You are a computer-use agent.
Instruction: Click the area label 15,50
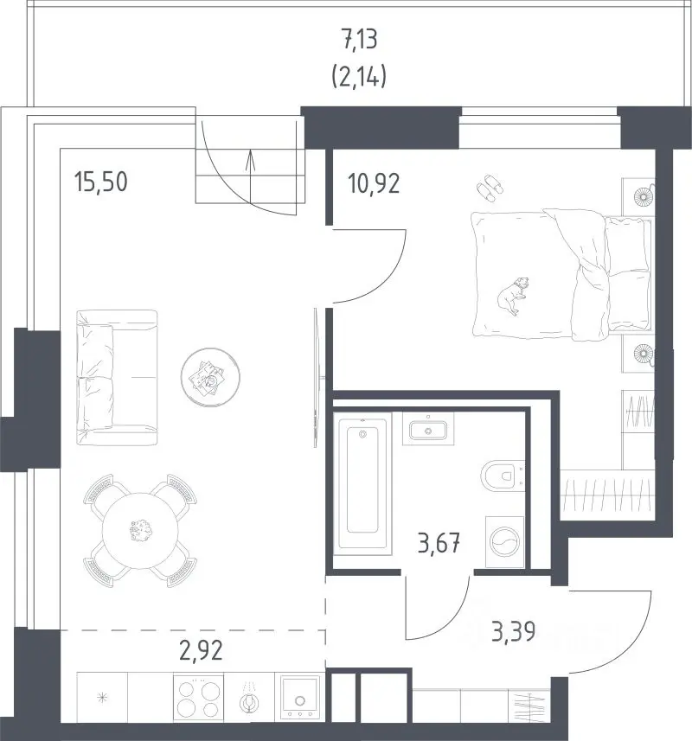pyautogui.click(x=101, y=182)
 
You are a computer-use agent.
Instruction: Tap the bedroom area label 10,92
pyautogui.click(x=374, y=183)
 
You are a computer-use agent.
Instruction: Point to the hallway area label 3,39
pyautogui.click(x=513, y=631)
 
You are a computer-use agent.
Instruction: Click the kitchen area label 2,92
pyautogui.click(x=201, y=650)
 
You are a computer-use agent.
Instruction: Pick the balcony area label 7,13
pyautogui.click(x=360, y=40)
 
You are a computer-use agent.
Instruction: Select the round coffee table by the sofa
pyautogui.click(x=210, y=377)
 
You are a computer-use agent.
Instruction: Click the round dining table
pyautogui.click(x=141, y=531)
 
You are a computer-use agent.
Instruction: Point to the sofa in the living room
pyautogui.click(x=116, y=378)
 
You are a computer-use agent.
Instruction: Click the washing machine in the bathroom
pyautogui.click(x=505, y=541)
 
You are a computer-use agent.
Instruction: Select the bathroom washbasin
pyautogui.click(x=428, y=429)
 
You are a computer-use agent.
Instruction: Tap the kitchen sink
pyautogui.click(x=299, y=697)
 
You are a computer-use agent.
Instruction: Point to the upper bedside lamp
pyautogui.click(x=643, y=195)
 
